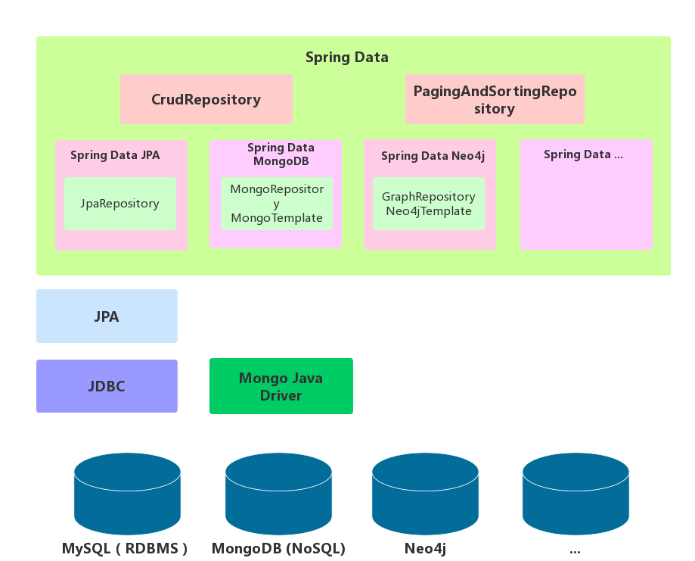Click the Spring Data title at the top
(x=346, y=57)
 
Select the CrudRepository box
(x=206, y=99)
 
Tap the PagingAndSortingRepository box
(x=495, y=100)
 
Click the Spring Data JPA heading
(x=115, y=155)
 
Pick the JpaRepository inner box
(x=119, y=204)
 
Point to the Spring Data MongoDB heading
(x=281, y=154)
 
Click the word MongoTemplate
(x=276, y=218)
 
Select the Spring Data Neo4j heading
(x=433, y=156)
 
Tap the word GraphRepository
(x=428, y=197)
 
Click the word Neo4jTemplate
(x=428, y=211)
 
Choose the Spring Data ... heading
(x=583, y=154)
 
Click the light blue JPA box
(x=107, y=316)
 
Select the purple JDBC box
(x=107, y=386)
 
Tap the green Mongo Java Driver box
(x=281, y=386)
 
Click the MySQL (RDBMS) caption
(x=125, y=548)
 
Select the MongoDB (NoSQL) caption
(x=278, y=548)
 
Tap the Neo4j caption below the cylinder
(x=424, y=548)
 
